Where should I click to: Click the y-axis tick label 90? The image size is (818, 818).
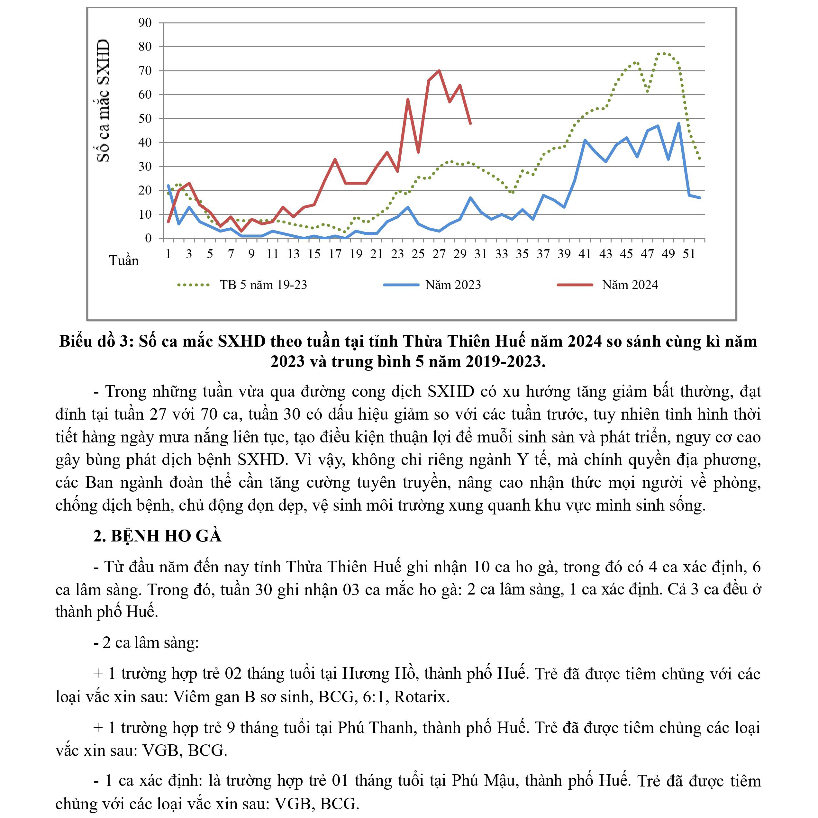point(145,23)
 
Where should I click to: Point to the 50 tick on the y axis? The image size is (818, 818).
point(145,119)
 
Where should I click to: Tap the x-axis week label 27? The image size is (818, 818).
point(439,254)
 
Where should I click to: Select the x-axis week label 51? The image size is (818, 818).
point(689,254)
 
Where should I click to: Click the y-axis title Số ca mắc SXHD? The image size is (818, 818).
point(103,101)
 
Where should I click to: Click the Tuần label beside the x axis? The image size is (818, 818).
point(123,260)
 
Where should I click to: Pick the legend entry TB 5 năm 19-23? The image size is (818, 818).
point(263,285)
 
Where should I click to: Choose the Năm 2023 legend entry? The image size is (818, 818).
point(453,285)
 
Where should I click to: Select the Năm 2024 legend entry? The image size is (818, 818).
point(630,285)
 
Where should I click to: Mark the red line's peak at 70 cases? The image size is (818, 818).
point(439,71)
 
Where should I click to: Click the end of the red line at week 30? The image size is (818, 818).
point(470,123)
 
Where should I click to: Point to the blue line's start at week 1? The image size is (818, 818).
point(168,186)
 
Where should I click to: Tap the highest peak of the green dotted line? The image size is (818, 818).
point(663,53)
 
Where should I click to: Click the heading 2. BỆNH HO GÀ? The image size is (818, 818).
point(158,536)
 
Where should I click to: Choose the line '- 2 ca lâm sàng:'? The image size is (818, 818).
point(146,642)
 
